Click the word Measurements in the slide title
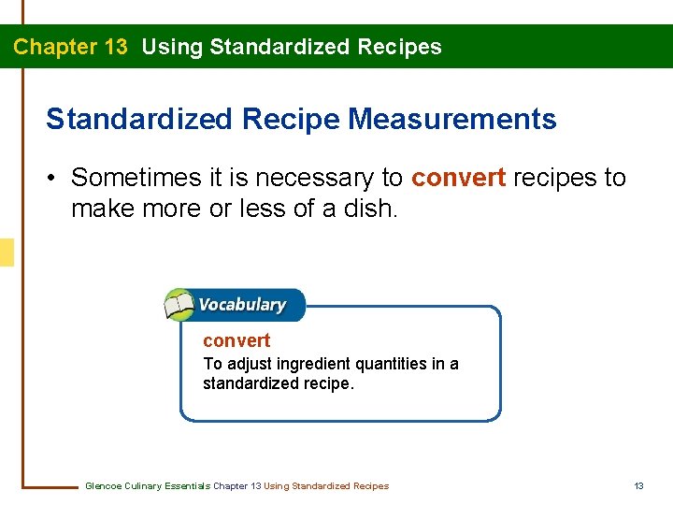(452, 120)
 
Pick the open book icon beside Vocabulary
(178, 305)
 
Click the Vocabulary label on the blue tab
(241, 305)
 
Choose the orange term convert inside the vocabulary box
(236, 340)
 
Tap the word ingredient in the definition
(308, 364)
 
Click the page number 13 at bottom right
(638, 486)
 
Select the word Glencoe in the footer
(103, 486)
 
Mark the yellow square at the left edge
(7, 252)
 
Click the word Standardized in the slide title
(139, 120)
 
